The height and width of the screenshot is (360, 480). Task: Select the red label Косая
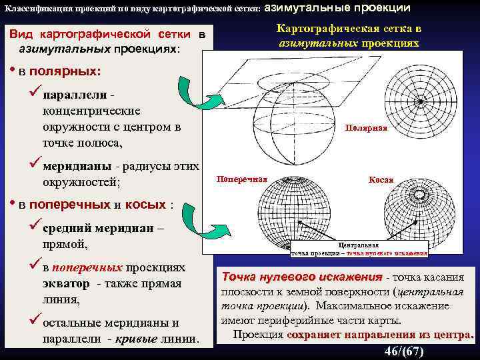[x=381, y=180]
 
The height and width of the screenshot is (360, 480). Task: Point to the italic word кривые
[x=131, y=338]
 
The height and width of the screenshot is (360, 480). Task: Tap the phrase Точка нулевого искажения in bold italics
[x=302, y=276]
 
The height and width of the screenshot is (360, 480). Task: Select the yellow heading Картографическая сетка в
[x=349, y=29]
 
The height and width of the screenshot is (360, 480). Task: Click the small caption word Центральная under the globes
[x=359, y=245]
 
